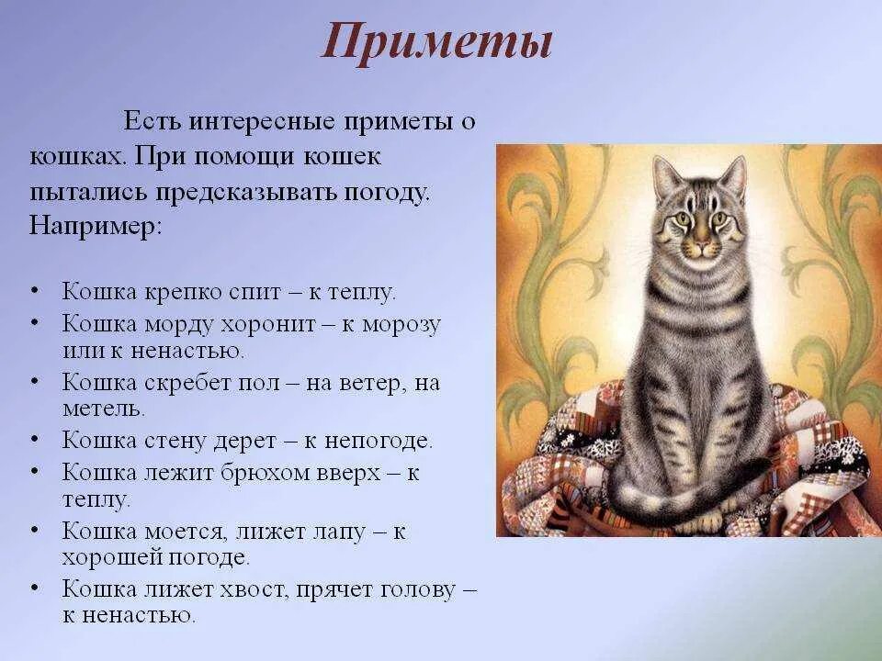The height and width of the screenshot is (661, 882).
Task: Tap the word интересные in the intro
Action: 271,122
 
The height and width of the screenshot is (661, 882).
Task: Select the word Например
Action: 96,226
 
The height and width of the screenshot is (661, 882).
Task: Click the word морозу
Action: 401,324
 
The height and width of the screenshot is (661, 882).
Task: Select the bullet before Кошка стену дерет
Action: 36,440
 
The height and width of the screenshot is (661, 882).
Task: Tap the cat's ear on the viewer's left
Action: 663,175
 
